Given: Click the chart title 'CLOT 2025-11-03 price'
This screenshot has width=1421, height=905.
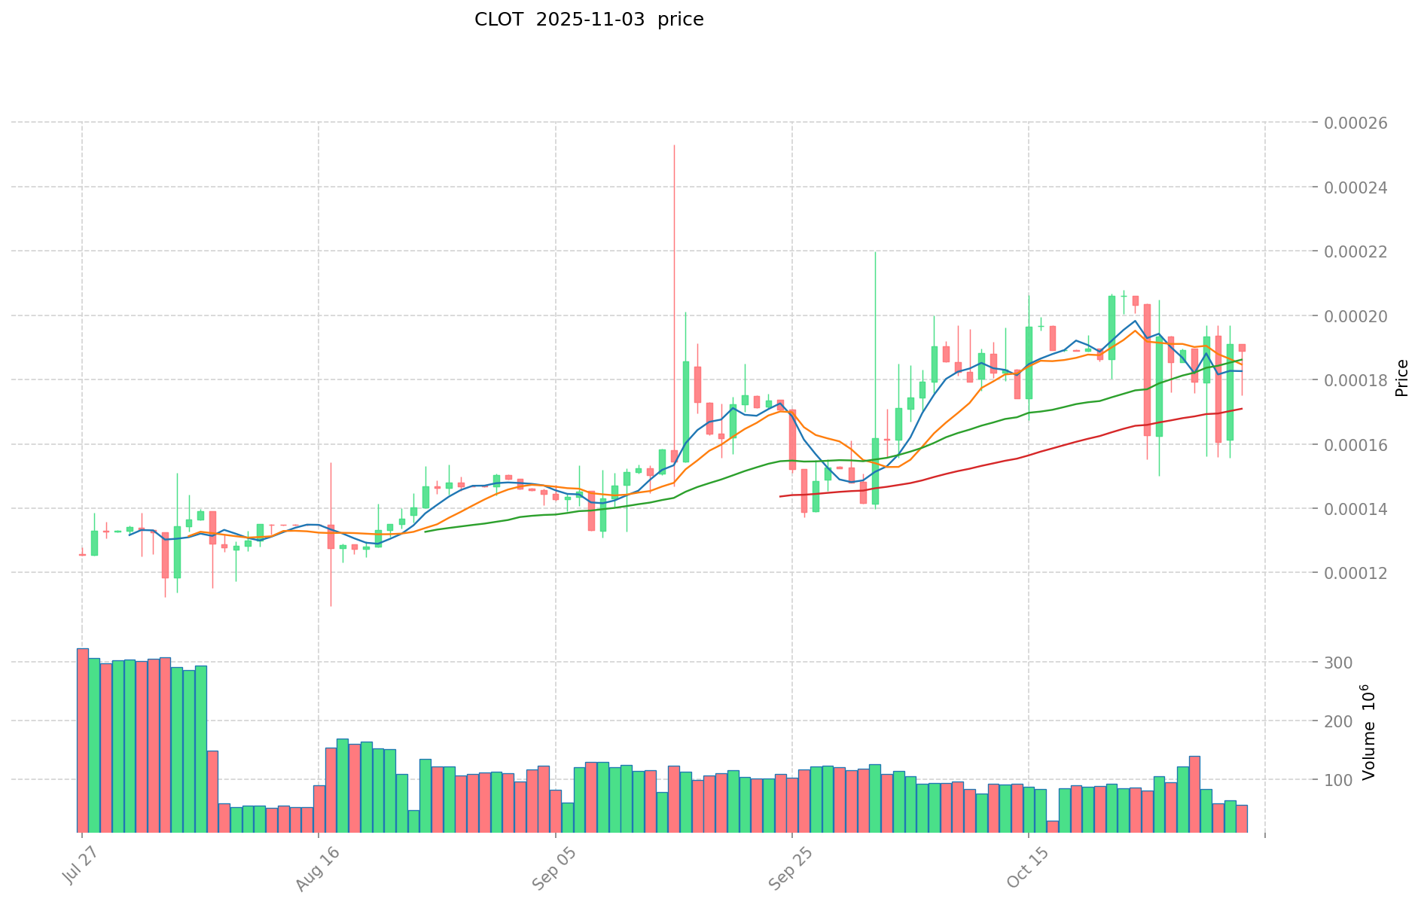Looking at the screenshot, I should [x=589, y=20].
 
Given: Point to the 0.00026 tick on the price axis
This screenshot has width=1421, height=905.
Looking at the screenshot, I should [x=1355, y=123].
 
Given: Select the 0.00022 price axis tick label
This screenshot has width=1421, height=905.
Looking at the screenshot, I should [x=1355, y=251].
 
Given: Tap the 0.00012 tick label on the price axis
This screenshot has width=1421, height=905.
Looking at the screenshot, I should [x=1355, y=573].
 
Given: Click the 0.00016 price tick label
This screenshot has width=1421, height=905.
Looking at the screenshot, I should [x=1355, y=445].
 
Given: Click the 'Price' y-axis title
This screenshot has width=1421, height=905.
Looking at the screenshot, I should [x=1401, y=378].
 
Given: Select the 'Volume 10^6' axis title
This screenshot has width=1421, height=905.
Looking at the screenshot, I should [x=1369, y=732].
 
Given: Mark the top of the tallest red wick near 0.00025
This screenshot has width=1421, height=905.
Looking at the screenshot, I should [x=674, y=145].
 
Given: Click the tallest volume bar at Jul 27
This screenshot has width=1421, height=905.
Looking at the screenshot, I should [x=82, y=740].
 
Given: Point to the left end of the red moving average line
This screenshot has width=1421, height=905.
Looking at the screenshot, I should [x=779, y=496].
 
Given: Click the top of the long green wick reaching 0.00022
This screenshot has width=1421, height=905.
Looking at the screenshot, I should [x=875, y=252].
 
